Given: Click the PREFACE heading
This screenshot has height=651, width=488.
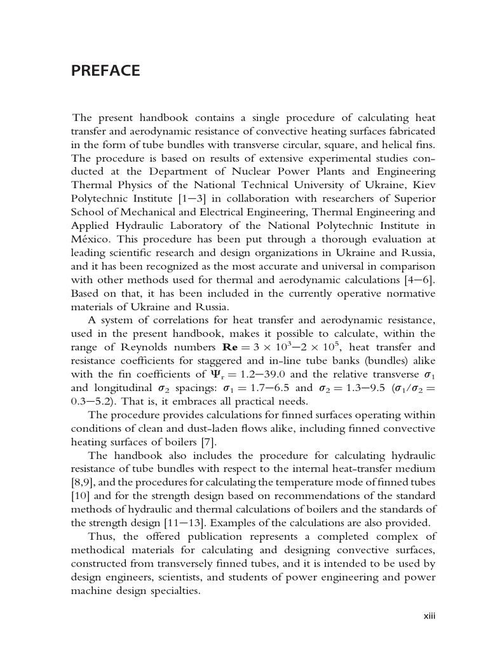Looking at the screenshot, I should (105, 71).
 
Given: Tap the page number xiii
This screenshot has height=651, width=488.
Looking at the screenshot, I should (430, 616).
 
